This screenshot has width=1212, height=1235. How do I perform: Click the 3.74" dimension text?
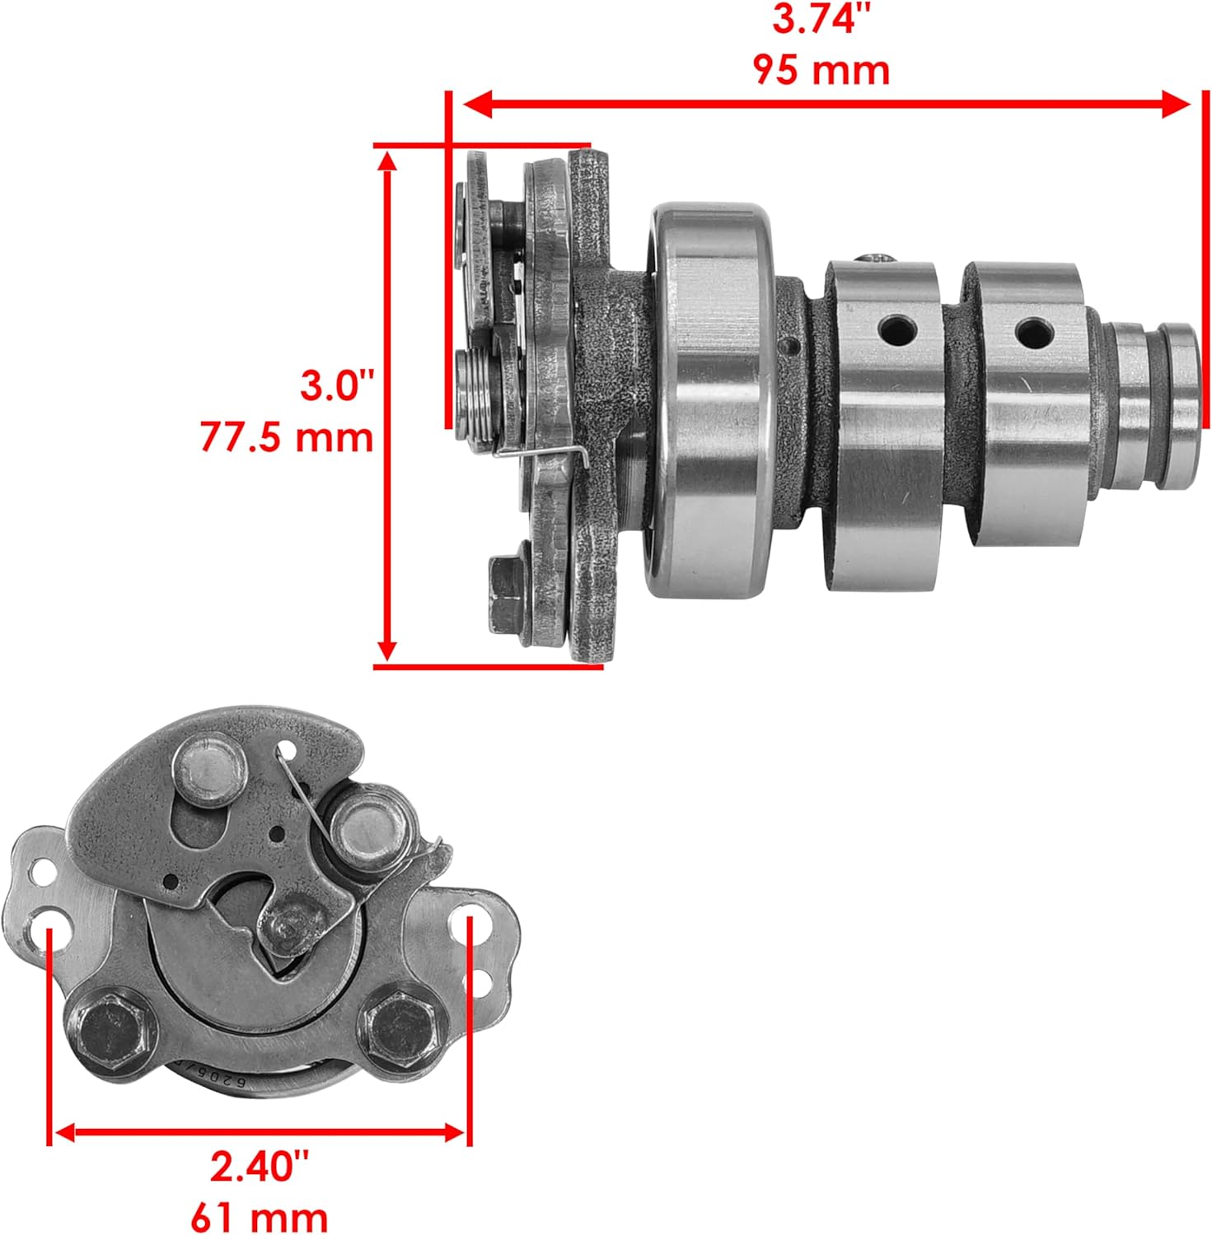coord(821,19)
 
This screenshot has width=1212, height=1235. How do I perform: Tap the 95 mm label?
coord(821,70)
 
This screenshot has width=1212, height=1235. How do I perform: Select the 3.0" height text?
coord(336,385)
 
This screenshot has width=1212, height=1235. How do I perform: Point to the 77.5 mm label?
coord(287,436)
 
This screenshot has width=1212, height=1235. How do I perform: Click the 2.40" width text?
coord(259,1166)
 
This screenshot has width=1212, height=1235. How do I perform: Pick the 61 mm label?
coord(259,1215)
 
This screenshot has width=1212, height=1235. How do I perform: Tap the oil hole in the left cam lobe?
coord(897,330)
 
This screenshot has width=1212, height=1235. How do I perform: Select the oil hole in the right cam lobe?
coord(1034,333)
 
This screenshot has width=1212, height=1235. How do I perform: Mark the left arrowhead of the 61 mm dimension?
coord(65,1132)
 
